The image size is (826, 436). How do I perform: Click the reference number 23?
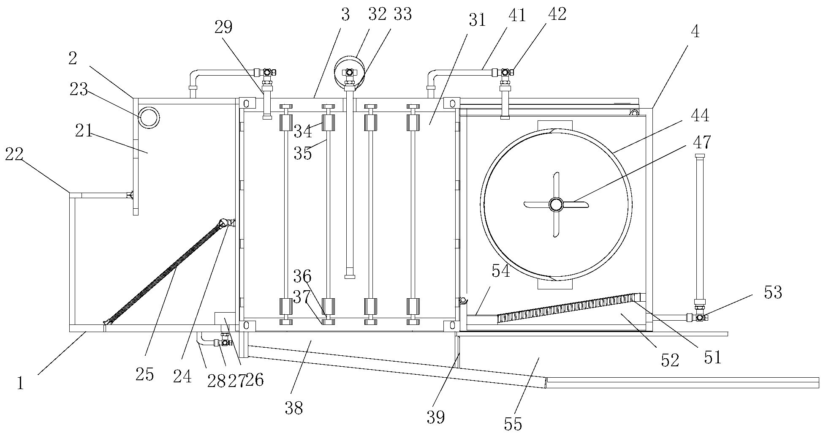[x=79, y=90]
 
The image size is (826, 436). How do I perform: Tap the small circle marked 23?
[x=149, y=117]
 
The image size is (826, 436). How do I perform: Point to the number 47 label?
[x=701, y=143]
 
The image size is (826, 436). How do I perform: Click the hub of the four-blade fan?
[x=556, y=205]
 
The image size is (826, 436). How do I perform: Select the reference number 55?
[x=513, y=423]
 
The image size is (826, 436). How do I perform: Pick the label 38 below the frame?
[x=293, y=408]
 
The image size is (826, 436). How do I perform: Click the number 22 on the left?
[x=14, y=155]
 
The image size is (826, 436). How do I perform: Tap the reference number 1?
[x=21, y=383]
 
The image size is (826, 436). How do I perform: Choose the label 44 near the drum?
[x=700, y=115]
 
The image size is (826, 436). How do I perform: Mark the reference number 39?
[x=435, y=417]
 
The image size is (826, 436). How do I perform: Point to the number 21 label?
[x=83, y=132]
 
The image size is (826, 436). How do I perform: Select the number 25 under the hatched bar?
[x=144, y=374]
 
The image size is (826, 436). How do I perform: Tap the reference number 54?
[x=501, y=271]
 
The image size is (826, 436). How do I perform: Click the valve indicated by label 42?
[x=505, y=73]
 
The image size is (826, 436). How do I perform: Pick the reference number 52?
[x=670, y=360]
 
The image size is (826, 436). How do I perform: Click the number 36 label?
[x=302, y=277]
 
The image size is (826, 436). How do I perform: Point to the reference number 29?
[x=223, y=27]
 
